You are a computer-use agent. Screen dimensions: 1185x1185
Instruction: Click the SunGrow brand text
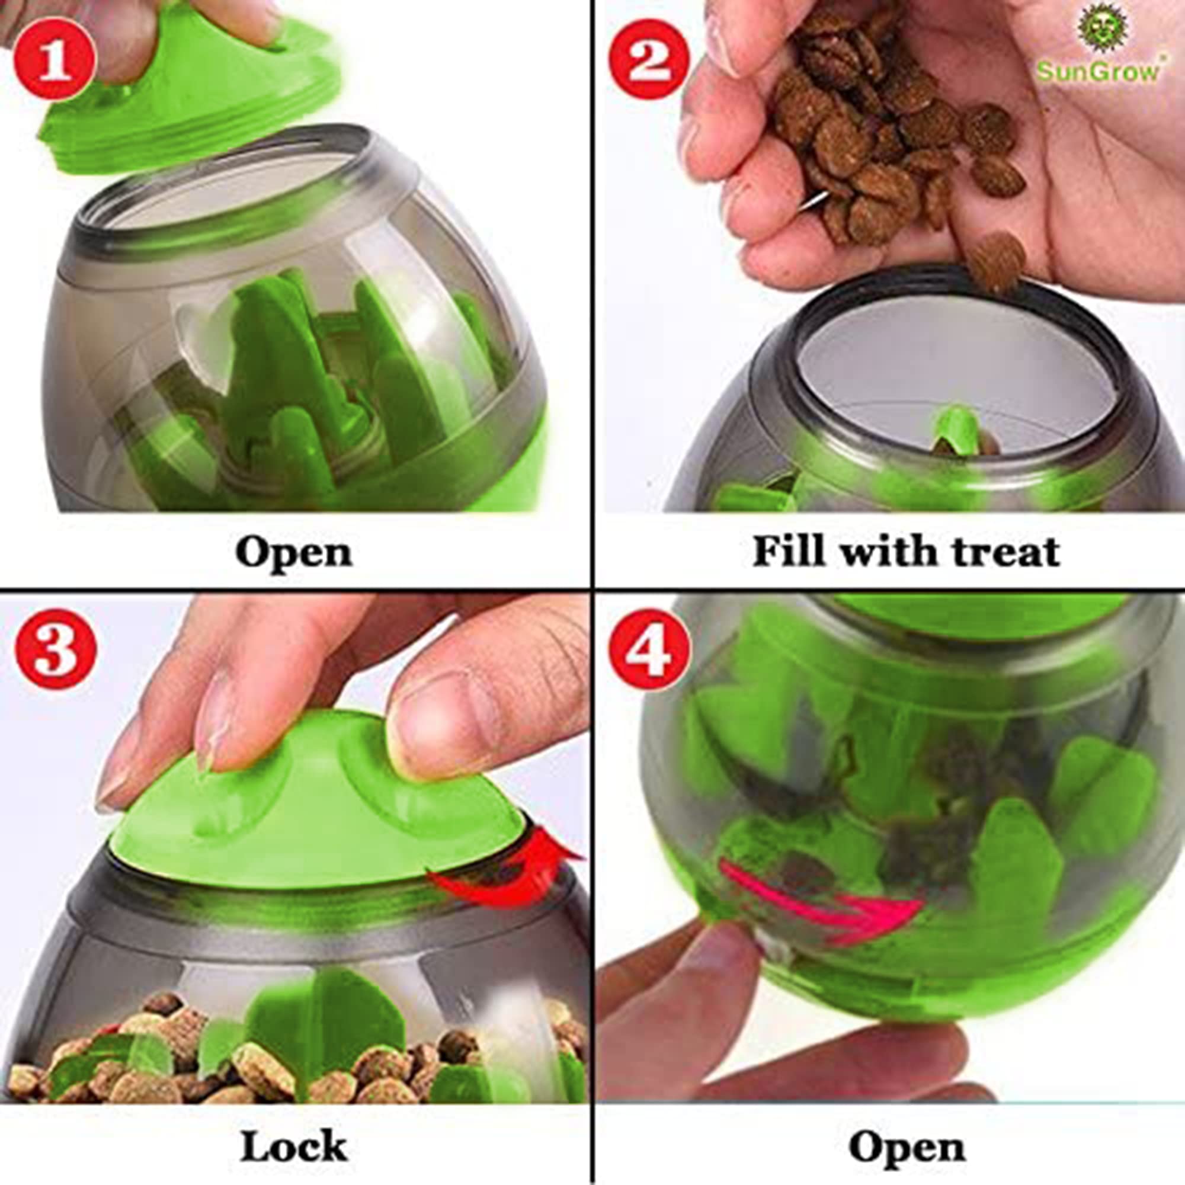click(x=1097, y=72)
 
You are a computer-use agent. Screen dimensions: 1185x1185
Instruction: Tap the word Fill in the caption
click(x=787, y=552)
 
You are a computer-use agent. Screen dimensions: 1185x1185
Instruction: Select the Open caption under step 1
click(x=293, y=553)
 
